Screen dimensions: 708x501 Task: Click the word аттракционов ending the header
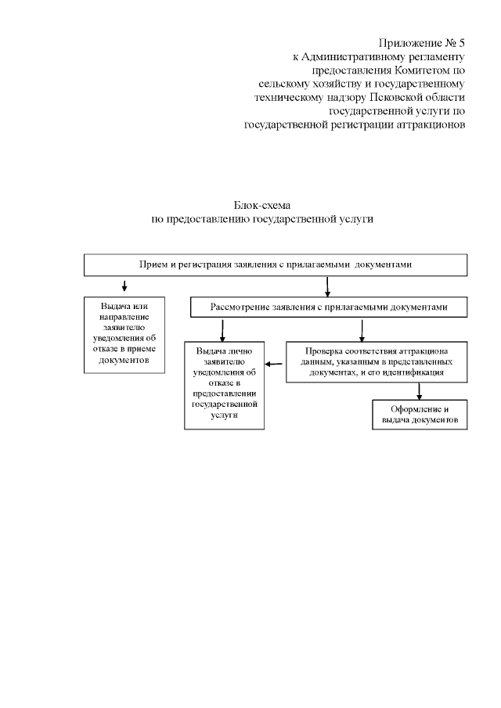tap(427, 124)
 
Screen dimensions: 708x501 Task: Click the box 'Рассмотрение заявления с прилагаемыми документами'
tap(329, 307)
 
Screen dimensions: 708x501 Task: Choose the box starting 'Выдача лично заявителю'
tap(224, 385)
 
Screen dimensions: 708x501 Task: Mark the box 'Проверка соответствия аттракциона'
tap(377, 362)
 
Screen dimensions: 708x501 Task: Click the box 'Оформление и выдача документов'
tap(419, 415)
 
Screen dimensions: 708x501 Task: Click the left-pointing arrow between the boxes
tap(274, 363)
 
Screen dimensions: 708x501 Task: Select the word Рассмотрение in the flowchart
tap(239, 307)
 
